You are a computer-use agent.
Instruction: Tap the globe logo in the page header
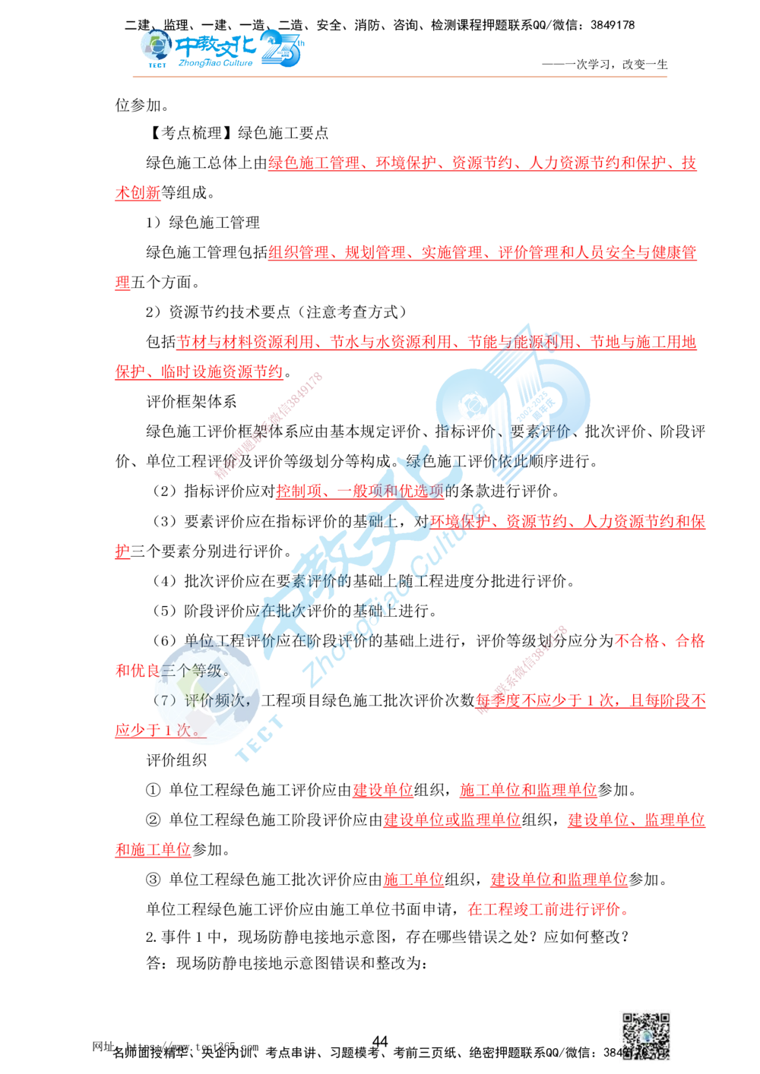tap(157, 48)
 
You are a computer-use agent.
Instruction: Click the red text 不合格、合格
tap(660, 641)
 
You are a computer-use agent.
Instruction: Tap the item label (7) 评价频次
tap(201, 700)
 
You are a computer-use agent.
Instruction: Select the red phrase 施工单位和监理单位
tap(527, 790)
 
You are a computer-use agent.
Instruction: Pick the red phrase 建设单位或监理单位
tap(452, 820)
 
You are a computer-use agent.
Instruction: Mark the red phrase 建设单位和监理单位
tap(559, 880)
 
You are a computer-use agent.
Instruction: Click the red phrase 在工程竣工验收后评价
tap(546, 909)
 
